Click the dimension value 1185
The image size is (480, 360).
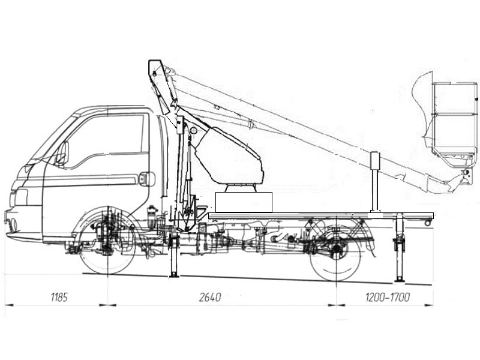[59, 297]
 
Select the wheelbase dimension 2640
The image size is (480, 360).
[210, 297]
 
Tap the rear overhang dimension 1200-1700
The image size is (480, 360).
[387, 297]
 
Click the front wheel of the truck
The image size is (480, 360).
[107, 242]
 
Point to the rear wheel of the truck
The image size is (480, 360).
[336, 251]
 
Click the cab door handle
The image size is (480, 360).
[147, 179]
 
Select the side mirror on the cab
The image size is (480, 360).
[62, 153]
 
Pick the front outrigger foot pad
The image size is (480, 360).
[174, 275]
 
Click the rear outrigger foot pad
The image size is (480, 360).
[399, 280]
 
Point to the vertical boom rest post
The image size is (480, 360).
[375, 182]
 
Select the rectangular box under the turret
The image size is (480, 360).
[244, 202]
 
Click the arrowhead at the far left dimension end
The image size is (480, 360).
[9, 305]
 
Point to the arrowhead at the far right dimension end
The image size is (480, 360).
[429, 305]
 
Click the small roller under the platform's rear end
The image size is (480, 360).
[427, 223]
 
